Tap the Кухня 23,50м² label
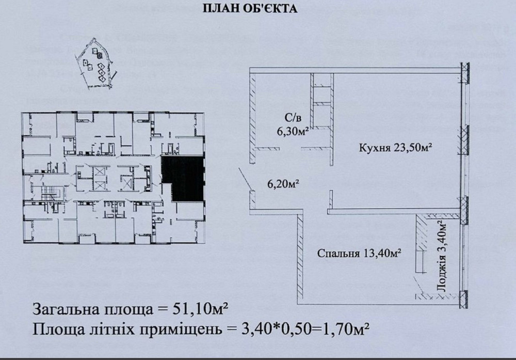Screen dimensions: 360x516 395,148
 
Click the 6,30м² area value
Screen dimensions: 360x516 292,132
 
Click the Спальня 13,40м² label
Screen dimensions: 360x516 359,253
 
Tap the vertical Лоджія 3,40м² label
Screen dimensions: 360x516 441,258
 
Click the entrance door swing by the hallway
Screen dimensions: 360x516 243,180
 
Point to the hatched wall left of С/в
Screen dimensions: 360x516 253,116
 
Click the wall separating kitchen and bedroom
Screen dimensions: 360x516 395,211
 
